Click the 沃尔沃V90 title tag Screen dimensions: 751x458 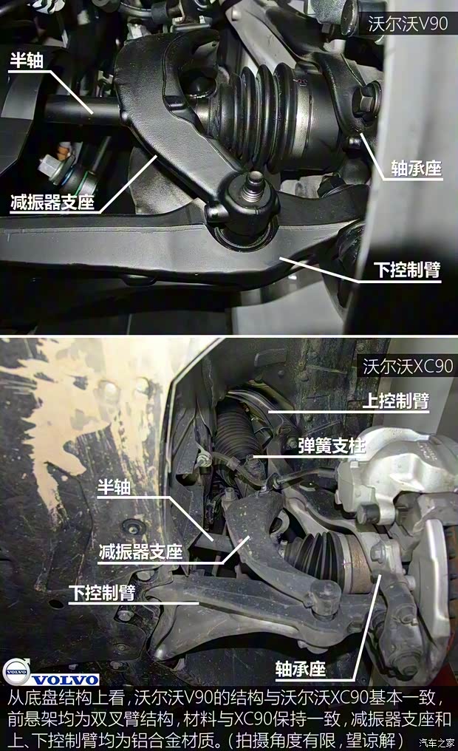pyautogui.click(x=408, y=24)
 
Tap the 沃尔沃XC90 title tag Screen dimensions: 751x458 pyautogui.click(x=406, y=366)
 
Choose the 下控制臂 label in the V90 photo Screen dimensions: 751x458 pyautogui.click(x=406, y=270)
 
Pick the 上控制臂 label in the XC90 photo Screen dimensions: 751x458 pyautogui.click(x=395, y=400)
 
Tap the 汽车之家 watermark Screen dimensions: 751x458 pyautogui.click(x=437, y=742)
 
